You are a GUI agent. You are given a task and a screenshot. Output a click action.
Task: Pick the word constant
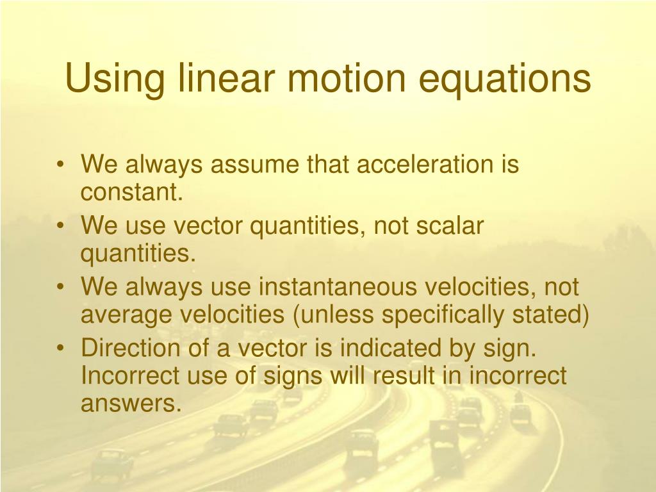pyautogui.click(x=132, y=192)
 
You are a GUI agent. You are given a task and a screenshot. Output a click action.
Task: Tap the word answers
pyautogui.click(x=127, y=404)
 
